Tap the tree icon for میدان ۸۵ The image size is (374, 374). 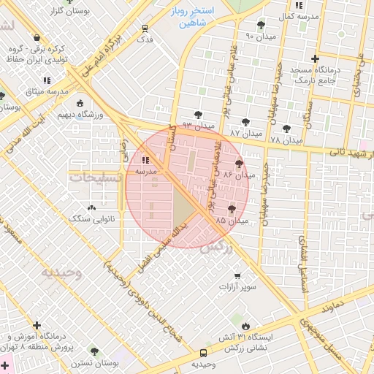pos(232,209)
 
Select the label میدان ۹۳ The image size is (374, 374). pos(198,126)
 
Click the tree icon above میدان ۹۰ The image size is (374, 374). pos(261,24)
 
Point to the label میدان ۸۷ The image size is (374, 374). pos(245,134)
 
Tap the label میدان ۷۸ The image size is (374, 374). pos(286,139)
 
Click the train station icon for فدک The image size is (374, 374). pos(145,28)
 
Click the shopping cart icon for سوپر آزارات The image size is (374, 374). pos(237,275)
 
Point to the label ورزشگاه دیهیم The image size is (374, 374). pos(79,115)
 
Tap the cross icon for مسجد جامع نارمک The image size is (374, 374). pos(315,58)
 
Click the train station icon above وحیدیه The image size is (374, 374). pos(204,352)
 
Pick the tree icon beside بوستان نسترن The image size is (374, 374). pos(93,351)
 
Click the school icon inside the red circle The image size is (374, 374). pos(144,160)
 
